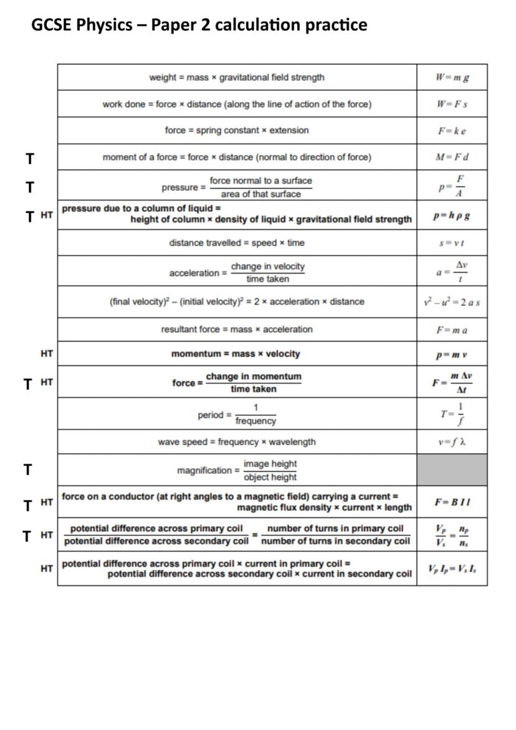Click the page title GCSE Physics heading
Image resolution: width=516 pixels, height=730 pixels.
[199, 25]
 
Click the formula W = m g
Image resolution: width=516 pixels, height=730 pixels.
[452, 78]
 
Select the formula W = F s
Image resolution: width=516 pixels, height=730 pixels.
[452, 104]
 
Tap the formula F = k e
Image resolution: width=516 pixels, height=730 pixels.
[452, 131]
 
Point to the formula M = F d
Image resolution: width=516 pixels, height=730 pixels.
[452, 157]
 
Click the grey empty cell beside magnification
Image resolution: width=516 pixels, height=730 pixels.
[452, 470]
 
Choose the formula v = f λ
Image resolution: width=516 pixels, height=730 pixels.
[452, 442]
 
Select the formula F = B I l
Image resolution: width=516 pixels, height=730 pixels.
[452, 502]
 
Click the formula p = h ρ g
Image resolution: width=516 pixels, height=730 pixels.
[452, 216]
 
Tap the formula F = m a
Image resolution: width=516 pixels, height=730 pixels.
[452, 330]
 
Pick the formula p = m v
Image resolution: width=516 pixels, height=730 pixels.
[452, 354]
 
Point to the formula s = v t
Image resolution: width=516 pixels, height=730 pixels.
[452, 243]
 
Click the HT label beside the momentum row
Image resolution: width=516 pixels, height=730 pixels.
[47, 353]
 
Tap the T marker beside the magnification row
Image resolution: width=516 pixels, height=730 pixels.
[28, 470]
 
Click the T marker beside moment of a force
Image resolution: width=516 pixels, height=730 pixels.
[29, 159]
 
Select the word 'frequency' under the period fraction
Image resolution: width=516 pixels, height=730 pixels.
[256, 421]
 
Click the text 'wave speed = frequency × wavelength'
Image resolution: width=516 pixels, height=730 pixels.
[237, 442]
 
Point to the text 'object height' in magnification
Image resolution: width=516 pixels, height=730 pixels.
[270, 478]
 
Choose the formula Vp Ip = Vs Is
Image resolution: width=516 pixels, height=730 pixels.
[452, 569]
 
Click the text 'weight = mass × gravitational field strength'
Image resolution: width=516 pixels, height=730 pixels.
[237, 78]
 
